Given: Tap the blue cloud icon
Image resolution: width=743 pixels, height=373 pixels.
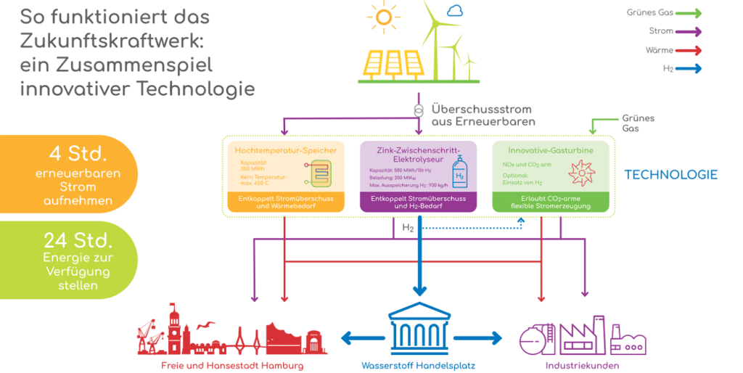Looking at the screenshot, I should [455, 11].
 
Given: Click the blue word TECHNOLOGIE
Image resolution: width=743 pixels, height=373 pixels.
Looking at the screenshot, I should [670, 175].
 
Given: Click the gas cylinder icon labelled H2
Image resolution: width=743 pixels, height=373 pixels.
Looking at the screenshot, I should [459, 171].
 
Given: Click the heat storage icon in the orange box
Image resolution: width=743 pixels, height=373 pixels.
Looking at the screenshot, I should [319, 174].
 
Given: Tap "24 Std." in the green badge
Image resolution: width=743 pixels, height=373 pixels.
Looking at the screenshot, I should [78, 239].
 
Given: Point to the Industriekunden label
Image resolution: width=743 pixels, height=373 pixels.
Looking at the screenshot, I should [582, 366].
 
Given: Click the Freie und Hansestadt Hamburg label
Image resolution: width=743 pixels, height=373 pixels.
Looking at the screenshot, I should [232, 366].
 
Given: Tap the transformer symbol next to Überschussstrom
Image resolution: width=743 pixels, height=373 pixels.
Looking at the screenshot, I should [419, 110].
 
